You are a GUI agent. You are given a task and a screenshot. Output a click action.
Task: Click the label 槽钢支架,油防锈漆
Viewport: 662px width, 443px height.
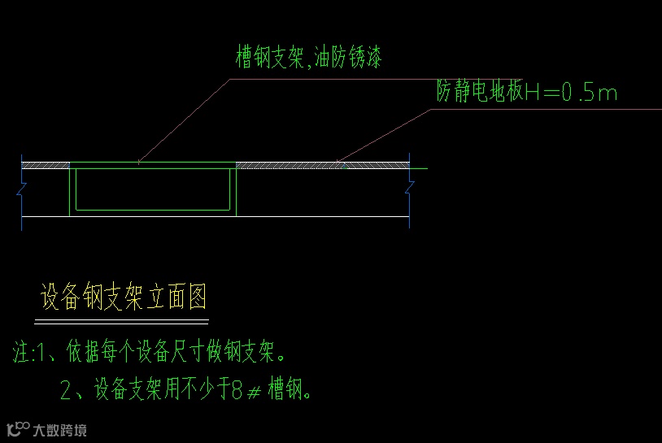tap(308, 58)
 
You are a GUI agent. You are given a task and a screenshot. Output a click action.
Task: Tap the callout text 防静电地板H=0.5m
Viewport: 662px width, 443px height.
tap(526, 93)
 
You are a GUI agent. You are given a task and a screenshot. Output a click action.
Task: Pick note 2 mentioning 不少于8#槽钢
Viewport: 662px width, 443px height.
tap(186, 391)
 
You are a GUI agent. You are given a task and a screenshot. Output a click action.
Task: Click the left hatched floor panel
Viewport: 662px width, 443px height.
tap(46, 165)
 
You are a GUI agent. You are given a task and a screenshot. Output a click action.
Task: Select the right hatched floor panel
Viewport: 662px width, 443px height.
tap(321, 165)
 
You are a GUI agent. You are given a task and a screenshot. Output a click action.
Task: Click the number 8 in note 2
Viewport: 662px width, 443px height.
tap(237, 391)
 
